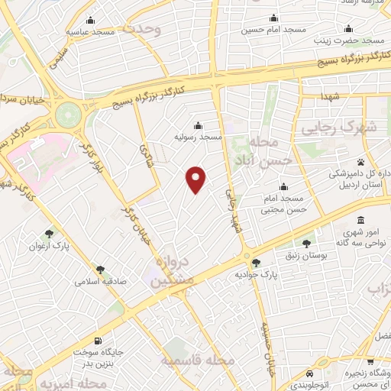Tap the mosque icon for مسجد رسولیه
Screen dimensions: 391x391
(199, 125)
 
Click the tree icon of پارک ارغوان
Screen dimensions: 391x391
(50, 234)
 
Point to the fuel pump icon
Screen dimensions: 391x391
(96, 340)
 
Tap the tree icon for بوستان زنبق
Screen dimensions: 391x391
(306, 244)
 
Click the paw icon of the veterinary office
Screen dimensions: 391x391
(372, 162)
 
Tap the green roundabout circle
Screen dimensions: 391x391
(67, 115)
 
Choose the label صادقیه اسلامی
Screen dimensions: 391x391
(100, 280)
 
